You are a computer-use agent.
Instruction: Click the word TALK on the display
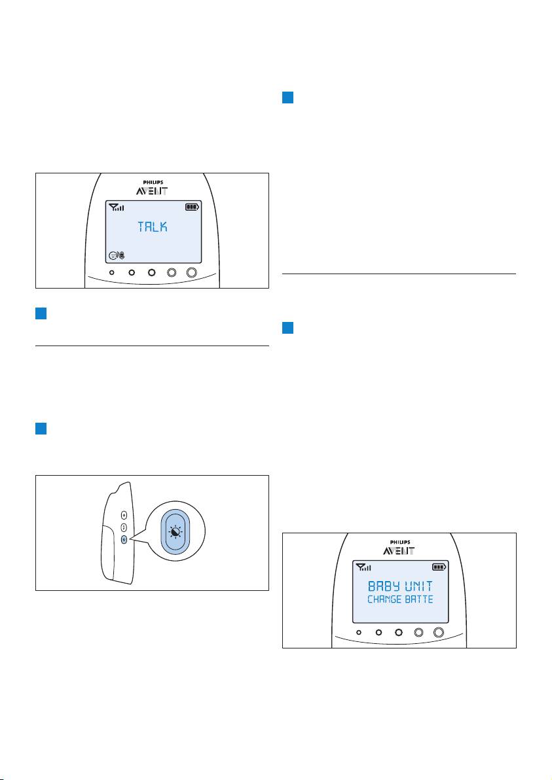pos(153,227)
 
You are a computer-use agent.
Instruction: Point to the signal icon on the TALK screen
pos(117,207)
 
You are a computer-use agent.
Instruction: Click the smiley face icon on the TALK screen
pos(113,256)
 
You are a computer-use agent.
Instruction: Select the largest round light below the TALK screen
pos(192,273)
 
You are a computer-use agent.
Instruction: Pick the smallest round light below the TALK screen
pos(112,273)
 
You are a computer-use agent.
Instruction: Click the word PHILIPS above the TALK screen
pos(153,183)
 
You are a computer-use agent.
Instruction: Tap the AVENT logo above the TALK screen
pos(153,191)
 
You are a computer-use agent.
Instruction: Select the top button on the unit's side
pos(124,516)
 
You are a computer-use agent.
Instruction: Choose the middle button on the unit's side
pos(124,528)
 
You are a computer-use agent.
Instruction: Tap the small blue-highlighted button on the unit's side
pos(124,539)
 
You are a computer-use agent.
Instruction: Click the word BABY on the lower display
pos(382,586)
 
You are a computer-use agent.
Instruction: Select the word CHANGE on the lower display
pos(384,599)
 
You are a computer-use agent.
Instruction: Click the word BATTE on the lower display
pos(419,599)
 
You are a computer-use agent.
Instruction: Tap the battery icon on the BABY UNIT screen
pos(439,567)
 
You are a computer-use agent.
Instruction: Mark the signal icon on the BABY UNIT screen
pos(363,567)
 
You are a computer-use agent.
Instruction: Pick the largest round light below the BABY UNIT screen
pos(439,632)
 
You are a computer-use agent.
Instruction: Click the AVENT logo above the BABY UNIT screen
pos(399,551)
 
